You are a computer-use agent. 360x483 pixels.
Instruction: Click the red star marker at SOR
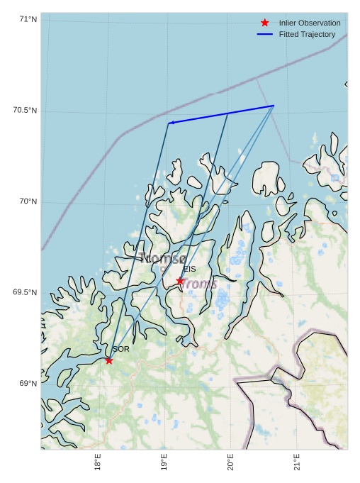[x=109, y=360]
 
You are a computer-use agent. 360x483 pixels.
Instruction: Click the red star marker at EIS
[x=180, y=281]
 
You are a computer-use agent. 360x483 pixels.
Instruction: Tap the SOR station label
[x=120, y=349]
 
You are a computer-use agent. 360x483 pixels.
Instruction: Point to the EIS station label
[x=189, y=269]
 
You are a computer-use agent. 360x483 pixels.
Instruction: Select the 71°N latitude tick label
[x=28, y=19]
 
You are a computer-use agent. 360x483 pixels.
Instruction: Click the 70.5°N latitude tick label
[x=26, y=111]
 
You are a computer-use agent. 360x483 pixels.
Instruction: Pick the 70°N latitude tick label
[x=28, y=202]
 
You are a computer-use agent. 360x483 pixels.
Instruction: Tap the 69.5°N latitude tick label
[x=26, y=293]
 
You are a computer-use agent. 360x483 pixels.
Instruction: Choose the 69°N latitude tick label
[x=28, y=384]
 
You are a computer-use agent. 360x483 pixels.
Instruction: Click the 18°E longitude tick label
[x=98, y=462]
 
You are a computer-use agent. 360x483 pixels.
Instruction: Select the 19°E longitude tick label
[x=164, y=462]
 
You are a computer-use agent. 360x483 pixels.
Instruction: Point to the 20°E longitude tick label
[x=230, y=462]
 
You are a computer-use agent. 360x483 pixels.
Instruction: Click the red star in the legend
[x=265, y=23]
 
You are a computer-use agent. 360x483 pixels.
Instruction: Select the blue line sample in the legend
[x=265, y=34]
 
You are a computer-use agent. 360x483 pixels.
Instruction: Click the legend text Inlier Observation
[x=310, y=23]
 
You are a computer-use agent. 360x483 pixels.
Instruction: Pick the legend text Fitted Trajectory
[x=307, y=34]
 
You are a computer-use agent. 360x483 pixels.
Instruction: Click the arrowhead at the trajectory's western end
[x=171, y=123]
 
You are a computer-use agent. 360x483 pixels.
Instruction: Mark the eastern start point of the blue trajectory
[x=274, y=106]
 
